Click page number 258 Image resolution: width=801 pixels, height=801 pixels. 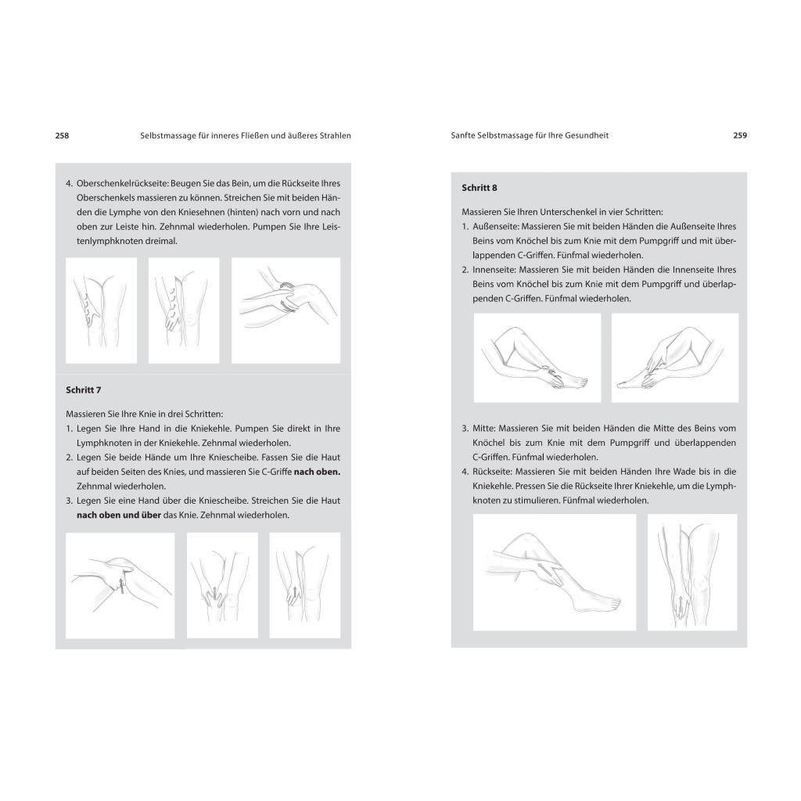62,136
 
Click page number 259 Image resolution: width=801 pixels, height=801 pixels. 740,135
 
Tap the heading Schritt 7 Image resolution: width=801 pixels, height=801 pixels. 83,390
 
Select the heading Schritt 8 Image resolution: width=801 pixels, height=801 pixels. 480,188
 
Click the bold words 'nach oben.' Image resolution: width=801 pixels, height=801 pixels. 317,472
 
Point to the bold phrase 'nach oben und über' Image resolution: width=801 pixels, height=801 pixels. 119,515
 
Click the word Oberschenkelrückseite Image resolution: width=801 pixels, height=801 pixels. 122,183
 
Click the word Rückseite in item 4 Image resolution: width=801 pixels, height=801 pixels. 493,472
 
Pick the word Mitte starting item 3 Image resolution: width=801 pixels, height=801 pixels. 484,429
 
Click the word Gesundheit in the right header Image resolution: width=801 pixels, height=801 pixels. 587,136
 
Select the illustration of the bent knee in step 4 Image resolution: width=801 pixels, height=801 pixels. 286,311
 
